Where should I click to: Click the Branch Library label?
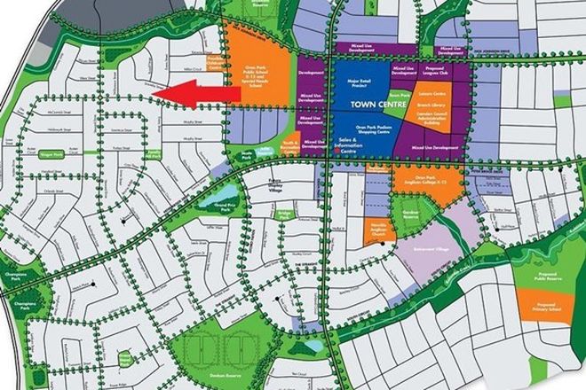pos(431,105)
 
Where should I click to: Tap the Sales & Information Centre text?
pos(349,145)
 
